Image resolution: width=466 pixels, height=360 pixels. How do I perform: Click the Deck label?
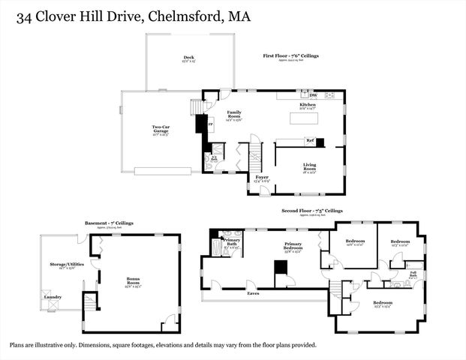[x=189, y=57]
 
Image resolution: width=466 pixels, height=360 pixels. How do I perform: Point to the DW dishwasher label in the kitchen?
[x=313, y=95]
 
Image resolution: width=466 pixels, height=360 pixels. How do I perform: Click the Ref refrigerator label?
[x=309, y=140]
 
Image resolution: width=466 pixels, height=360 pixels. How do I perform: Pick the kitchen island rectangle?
[x=304, y=118]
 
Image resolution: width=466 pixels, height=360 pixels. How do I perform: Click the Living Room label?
[x=310, y=166]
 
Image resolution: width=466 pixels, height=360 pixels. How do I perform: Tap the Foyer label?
[x=261, y=178]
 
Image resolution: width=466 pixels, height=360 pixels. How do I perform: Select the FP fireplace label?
[x=210, y=121]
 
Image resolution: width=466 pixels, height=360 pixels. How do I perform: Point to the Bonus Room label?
[x=133, y=280]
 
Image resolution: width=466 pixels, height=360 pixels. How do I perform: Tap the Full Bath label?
[x=413, y=274]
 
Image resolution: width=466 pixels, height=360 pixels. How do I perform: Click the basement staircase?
[x=90, y=301]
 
